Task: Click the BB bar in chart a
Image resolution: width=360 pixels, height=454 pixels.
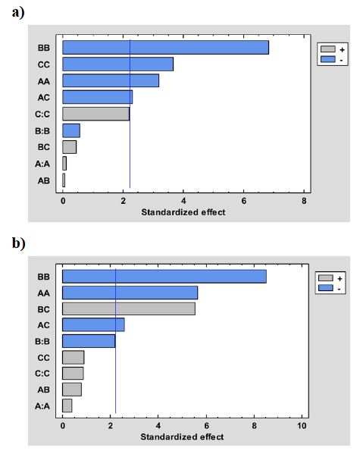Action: [x=165, y=48]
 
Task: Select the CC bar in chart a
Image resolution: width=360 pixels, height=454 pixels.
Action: [x=117, y=64]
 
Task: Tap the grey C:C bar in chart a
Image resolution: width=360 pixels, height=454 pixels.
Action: [x=95, y=114]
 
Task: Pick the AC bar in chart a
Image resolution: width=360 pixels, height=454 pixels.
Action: [x=97, y=97]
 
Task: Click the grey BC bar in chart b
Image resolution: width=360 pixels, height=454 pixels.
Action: [x=128, y=308]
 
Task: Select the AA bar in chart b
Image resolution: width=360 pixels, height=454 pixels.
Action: [x=130, y=293]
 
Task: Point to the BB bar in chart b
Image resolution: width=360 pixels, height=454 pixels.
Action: [x=164, y=276]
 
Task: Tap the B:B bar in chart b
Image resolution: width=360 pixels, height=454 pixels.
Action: [x=89, y=341]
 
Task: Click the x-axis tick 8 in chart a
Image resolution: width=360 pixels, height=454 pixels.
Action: [x=304, y=202]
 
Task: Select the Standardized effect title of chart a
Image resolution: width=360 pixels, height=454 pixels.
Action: [x=183, y=212]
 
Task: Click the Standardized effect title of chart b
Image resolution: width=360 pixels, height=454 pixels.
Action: [x=182, y=437]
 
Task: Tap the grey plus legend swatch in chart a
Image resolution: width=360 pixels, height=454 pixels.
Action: [x=328, y=49]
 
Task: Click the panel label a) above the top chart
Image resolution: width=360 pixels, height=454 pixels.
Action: [x=17, y=13]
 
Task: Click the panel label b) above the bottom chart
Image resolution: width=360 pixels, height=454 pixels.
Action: [x=17, y=244]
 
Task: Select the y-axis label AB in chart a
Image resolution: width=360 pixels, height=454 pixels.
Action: [x=44, y=181]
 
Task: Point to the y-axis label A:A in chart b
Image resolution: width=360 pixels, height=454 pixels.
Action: [x=43, y=406]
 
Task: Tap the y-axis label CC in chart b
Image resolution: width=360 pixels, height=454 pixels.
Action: [x=44, y=357]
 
